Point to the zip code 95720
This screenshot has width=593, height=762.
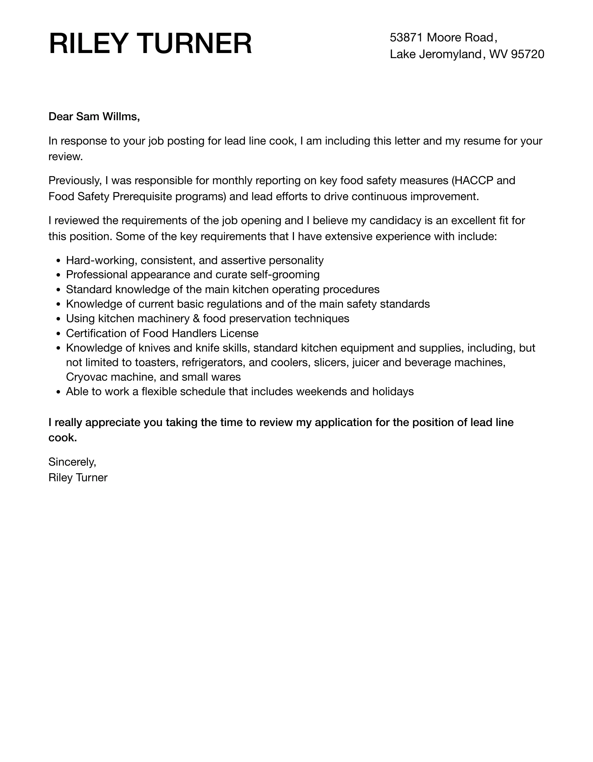click(x=528, y=54)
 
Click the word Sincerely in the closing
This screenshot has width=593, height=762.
click(x=72, y=462)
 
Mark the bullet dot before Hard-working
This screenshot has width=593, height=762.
click(x=59, y=261)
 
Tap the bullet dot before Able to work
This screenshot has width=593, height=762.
click(x=59, y=392)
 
